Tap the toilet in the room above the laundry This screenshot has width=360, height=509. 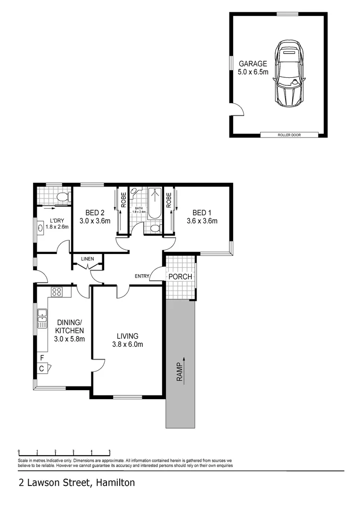pos(62,197)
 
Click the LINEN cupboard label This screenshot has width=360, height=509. pos(87,259)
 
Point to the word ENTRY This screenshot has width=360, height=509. pos(141,276)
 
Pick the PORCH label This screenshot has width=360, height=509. pos(180,277)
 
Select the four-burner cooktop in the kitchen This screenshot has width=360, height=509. pos(57,292)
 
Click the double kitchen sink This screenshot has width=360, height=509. pos(42,318)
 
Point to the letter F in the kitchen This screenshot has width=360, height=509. pos(42,358)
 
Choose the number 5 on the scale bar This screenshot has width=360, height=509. pos(110,451)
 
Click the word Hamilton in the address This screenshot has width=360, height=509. pos(115,483)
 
